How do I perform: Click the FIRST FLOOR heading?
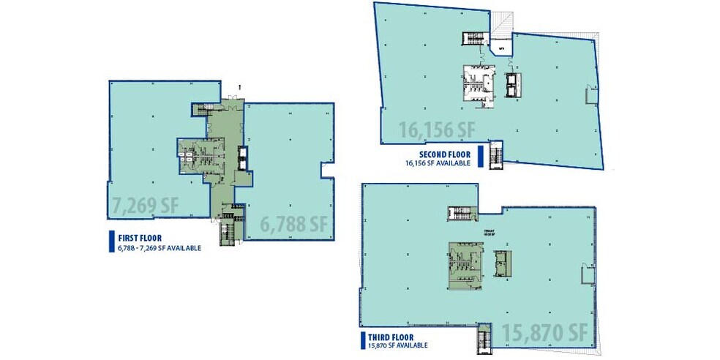coord(135,238)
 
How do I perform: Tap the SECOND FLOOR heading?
coord(443,154)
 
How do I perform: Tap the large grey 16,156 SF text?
coord(437,130)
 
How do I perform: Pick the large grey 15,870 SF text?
coord(544,333)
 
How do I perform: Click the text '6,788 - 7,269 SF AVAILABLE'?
coord(154,248)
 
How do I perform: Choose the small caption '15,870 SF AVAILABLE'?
coord(398,346)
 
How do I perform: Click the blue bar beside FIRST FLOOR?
coord(102,242)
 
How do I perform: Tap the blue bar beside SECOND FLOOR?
coord(479,157)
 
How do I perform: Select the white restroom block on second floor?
coord(474,83)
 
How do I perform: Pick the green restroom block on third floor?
coord(464,261)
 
